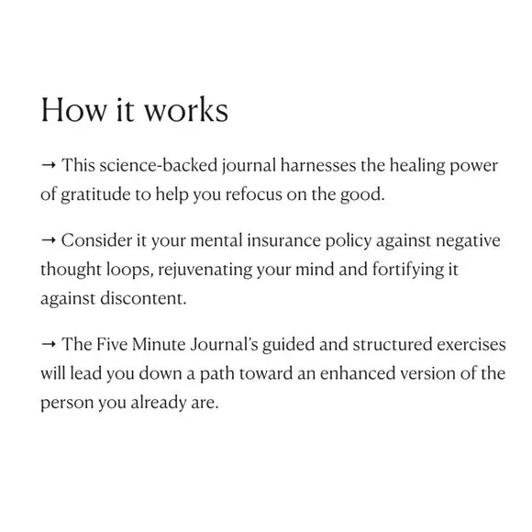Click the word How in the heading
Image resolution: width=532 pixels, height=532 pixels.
[x=69, y=111]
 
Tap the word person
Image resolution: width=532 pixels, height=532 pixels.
[x=66, y=403]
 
